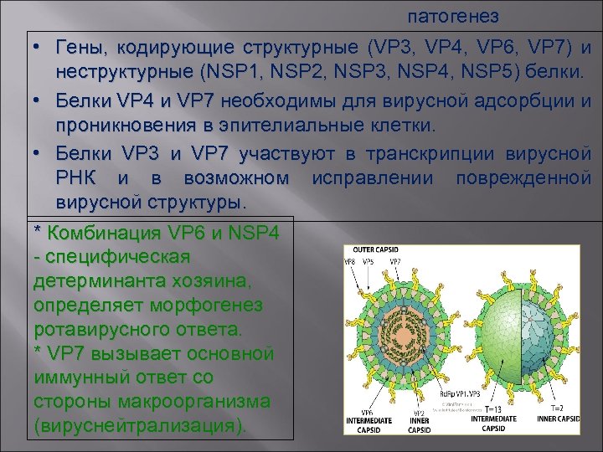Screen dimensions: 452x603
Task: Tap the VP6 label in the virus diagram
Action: pos(366,412)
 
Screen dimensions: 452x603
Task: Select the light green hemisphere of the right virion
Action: pos(494,335)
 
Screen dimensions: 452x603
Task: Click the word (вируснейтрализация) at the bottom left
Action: pos(140,425)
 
